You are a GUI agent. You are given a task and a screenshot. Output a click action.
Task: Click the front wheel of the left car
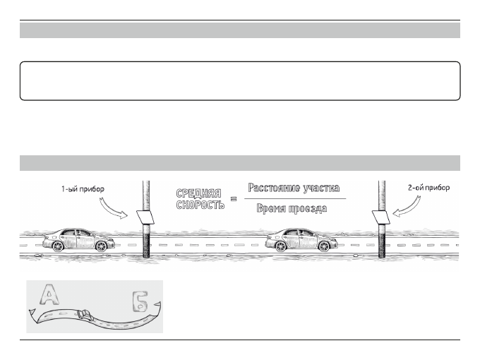click(102, 246)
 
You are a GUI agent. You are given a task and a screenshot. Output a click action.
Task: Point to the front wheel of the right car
click(326, 246)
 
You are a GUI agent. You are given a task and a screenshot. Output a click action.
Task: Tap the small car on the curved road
click(83, 313)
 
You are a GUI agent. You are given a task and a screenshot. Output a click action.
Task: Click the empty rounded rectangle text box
click(240, 80)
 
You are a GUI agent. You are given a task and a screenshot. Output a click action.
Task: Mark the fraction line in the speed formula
click(296, 199)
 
